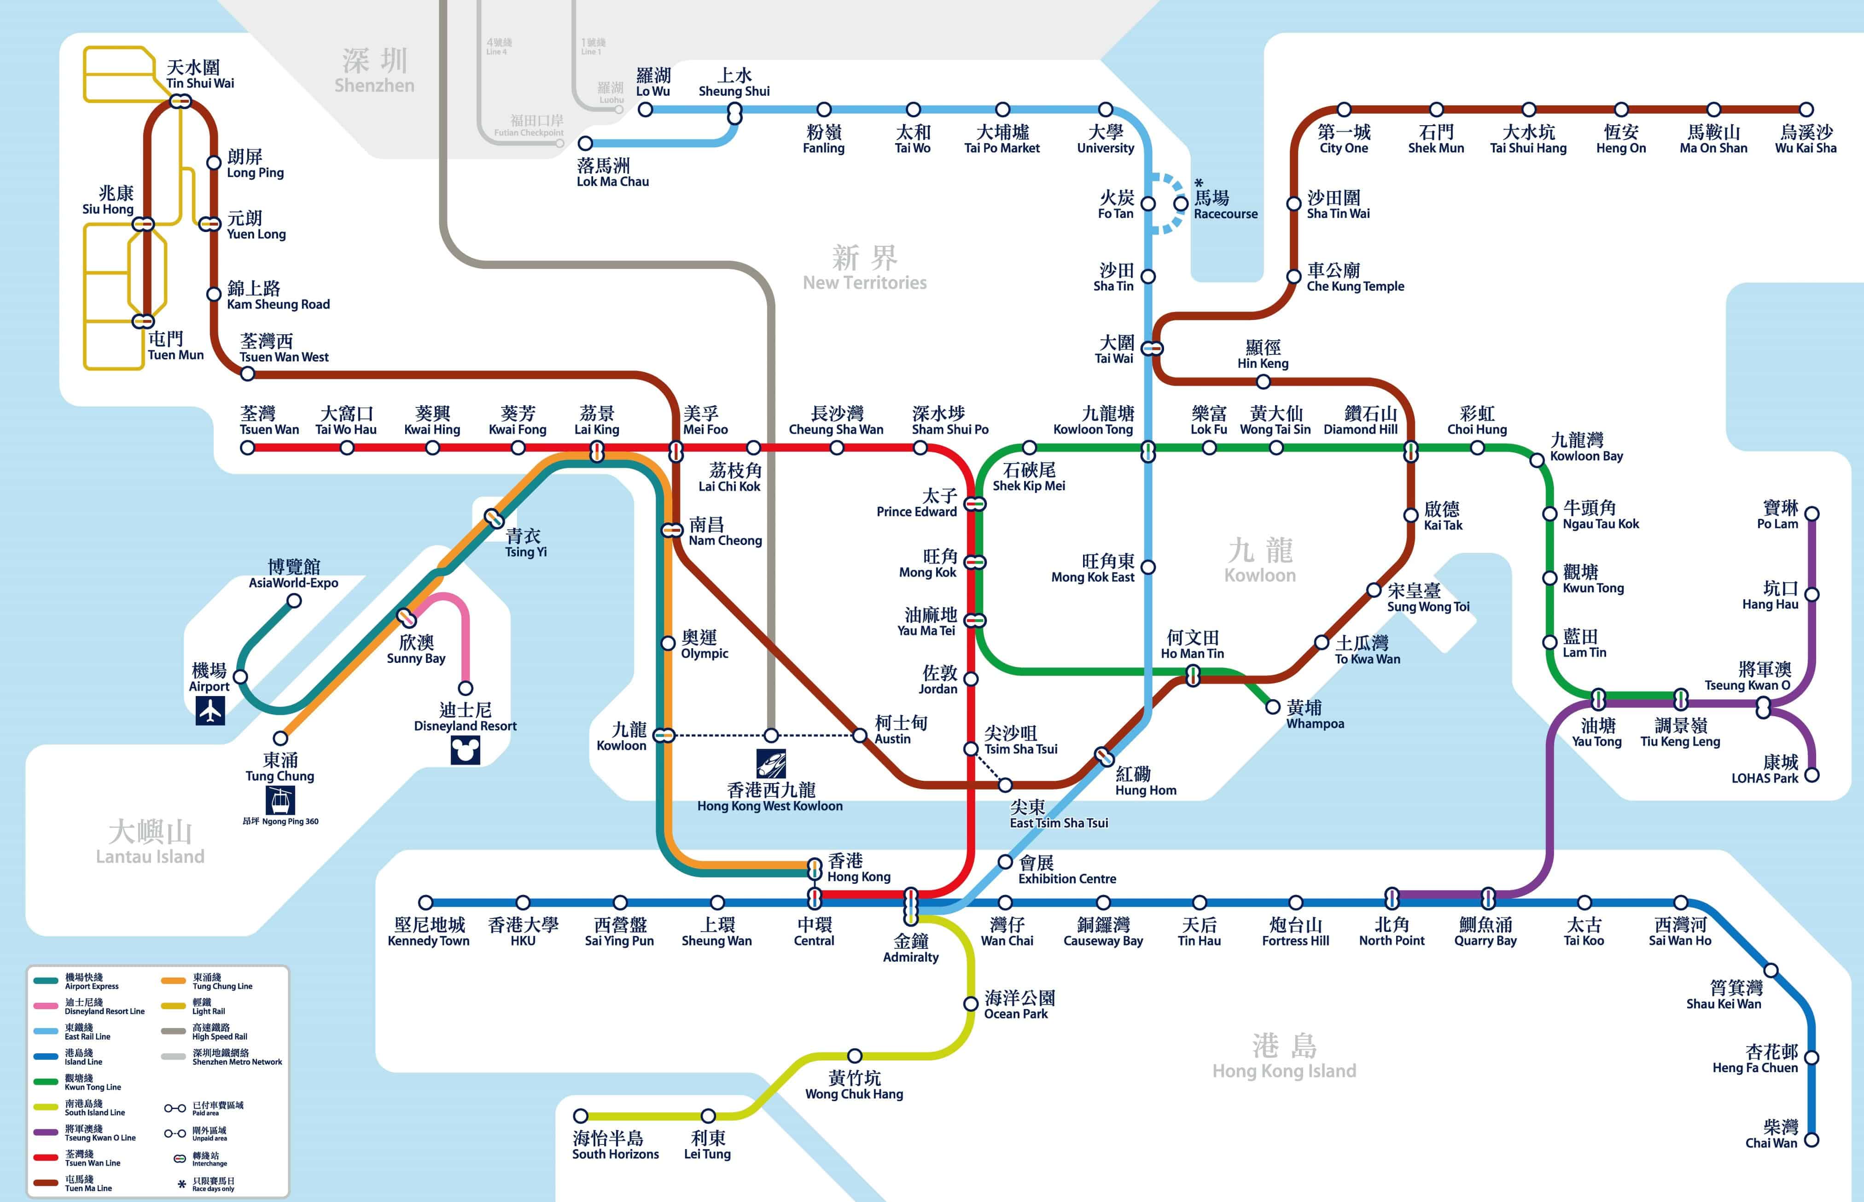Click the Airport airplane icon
[x=210, y=710]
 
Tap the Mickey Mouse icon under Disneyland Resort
[x=465, y=750]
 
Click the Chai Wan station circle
[x=1812, y=1139]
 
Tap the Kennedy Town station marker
[x=425, y=902]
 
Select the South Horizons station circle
[x=580, y=1115]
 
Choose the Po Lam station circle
[x=1812, y=514]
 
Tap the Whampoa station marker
[x=1272, y=706]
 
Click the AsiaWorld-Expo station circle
[x=294, y=600]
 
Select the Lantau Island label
[x=150, y=842]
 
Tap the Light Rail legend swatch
[x=173, y=1006]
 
